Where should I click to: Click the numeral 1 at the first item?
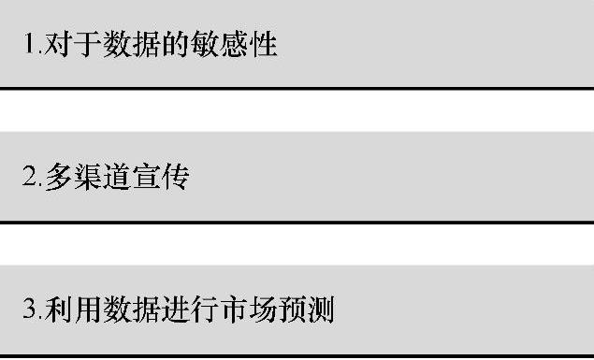(28, 43)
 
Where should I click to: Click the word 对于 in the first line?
(66, 43)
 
